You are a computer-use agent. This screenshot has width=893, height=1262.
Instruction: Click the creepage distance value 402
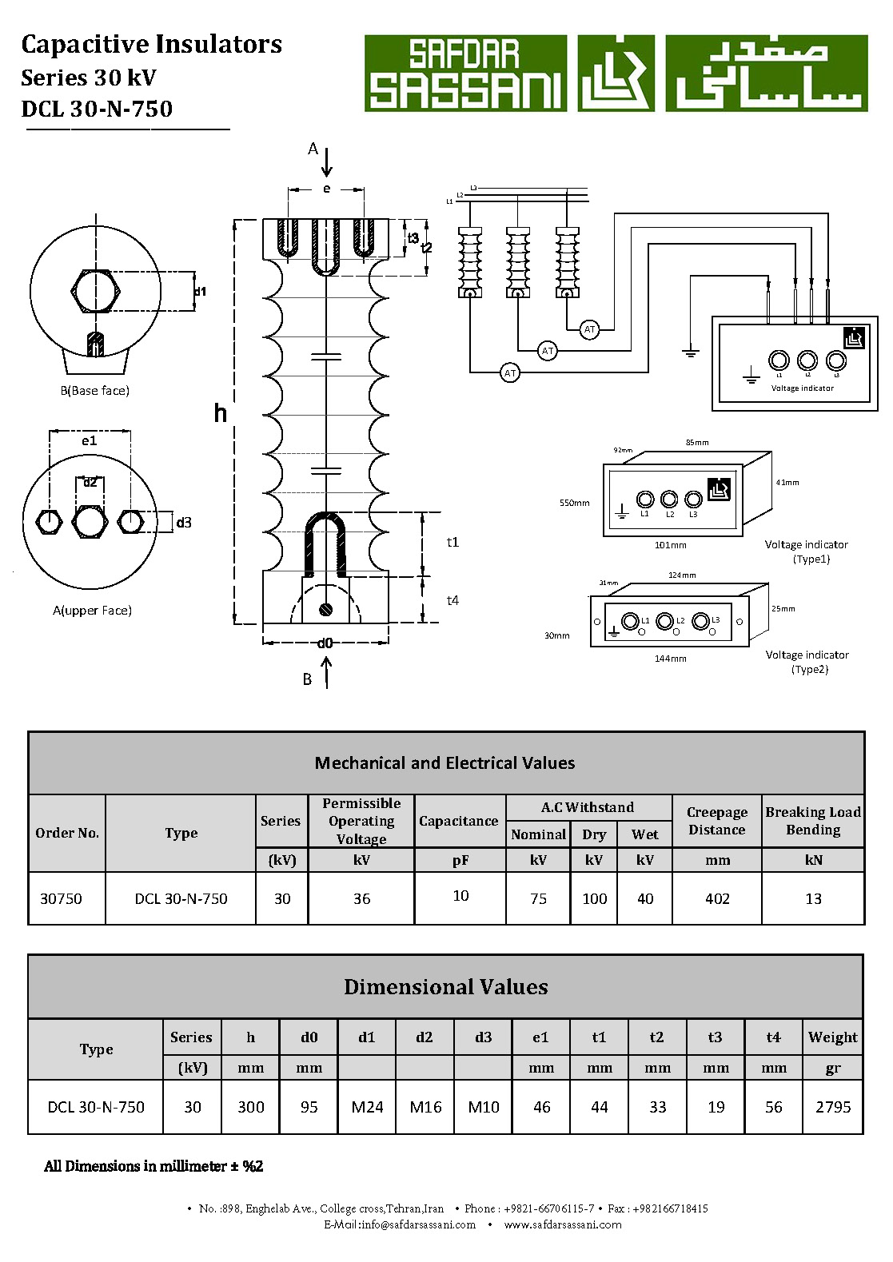click(x=717, y=898)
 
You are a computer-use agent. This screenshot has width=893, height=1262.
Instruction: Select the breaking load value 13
click(x=813, y=898)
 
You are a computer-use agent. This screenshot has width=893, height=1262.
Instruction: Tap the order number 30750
click(x=61, y=898)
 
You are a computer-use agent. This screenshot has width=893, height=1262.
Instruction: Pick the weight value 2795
click(x=833, y=1107)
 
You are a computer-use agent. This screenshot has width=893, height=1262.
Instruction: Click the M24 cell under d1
click(x=367, y=1107)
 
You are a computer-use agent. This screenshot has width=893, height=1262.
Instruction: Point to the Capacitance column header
click(x=459, y=821)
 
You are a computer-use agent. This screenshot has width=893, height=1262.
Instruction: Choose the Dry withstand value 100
click(x=594, y=898)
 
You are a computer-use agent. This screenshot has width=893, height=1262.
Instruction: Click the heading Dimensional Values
click(x=446, y=987)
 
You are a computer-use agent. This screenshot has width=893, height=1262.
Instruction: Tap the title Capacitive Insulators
click(x=151, y=44)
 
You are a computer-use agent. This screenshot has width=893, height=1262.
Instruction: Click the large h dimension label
click(x=221, y=412)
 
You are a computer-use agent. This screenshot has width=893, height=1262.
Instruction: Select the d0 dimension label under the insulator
click(x=325, y=643)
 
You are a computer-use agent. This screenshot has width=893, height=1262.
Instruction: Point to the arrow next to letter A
click(x=327, y=161)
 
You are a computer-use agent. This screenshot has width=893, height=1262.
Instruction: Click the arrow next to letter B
click(x=326, y=672)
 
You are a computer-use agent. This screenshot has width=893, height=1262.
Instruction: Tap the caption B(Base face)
click(x=94, y=391)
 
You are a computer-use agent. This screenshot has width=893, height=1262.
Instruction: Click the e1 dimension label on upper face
click(x=89, y=440)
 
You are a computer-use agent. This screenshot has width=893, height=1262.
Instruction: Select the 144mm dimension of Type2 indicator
click(x=670, y=659)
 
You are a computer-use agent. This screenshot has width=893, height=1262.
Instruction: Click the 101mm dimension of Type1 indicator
click(x=670, y=545)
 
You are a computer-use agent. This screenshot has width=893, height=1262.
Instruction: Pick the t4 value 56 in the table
click(x=773, y=1107)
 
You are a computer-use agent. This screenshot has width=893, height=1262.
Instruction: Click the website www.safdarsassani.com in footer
click(x=563, y=1224)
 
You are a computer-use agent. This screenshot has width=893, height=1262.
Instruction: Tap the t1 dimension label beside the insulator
click(x=452, y=542)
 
